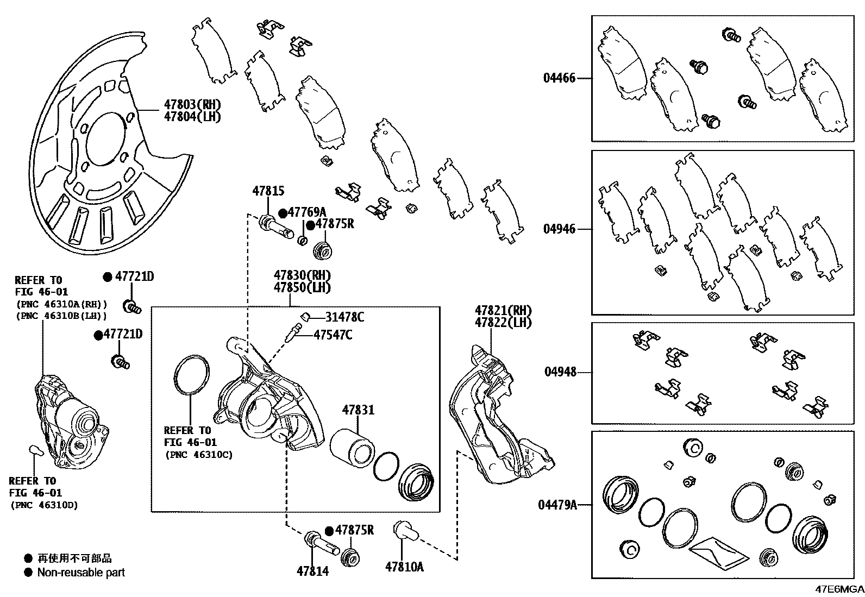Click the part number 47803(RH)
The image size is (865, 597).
[193, 105]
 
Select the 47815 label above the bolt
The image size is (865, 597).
[268, 191]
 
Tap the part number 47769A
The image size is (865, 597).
[306, 212]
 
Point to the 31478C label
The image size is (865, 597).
[344, 317]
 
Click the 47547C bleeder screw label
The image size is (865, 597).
[333, 335]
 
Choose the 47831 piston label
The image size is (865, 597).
[358, 410]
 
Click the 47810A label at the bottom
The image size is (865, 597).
[404, 567]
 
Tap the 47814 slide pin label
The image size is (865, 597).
[312, 571]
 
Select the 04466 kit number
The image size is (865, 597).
[559, 78]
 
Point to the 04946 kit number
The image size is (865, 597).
[559, 229]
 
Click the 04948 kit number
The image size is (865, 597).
[560, 372]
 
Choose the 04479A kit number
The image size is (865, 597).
[557, 505]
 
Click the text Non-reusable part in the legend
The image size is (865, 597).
[81, 573]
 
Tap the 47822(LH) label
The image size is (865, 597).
[503, 323]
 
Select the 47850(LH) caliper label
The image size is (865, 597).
[302, 288]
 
